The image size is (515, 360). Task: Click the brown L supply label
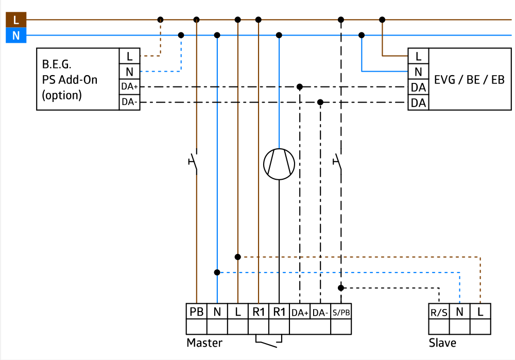(x=16, y=20)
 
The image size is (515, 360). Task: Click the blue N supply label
(x=16, y=36)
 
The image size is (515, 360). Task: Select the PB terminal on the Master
(x=196, y=312)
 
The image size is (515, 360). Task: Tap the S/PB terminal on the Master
(x=341, y=312)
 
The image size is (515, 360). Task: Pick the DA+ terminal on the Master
(x=300, y=312)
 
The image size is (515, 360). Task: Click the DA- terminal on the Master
(x=320, y=312)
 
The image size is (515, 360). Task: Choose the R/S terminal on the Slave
(x=439, y=312)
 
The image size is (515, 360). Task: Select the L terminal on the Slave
(x=480, y=311)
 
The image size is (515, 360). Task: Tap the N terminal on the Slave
(x=459, y=311)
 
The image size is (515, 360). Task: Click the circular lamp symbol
(x=279, y=164)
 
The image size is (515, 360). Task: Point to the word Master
(x=204, y=342)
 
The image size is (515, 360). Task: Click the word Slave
(x=442, y=342)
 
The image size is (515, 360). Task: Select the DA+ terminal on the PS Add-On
(x=129, y=87)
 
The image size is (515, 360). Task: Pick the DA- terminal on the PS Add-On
(x=129, y=102)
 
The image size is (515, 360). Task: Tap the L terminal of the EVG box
(x=418, y=56)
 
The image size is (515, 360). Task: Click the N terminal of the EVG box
(x=418, y=72)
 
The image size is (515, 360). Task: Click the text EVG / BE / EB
(x=469, y=80)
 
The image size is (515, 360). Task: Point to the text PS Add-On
(x=70, y=80)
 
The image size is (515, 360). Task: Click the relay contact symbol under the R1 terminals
(x=269, y=341)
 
